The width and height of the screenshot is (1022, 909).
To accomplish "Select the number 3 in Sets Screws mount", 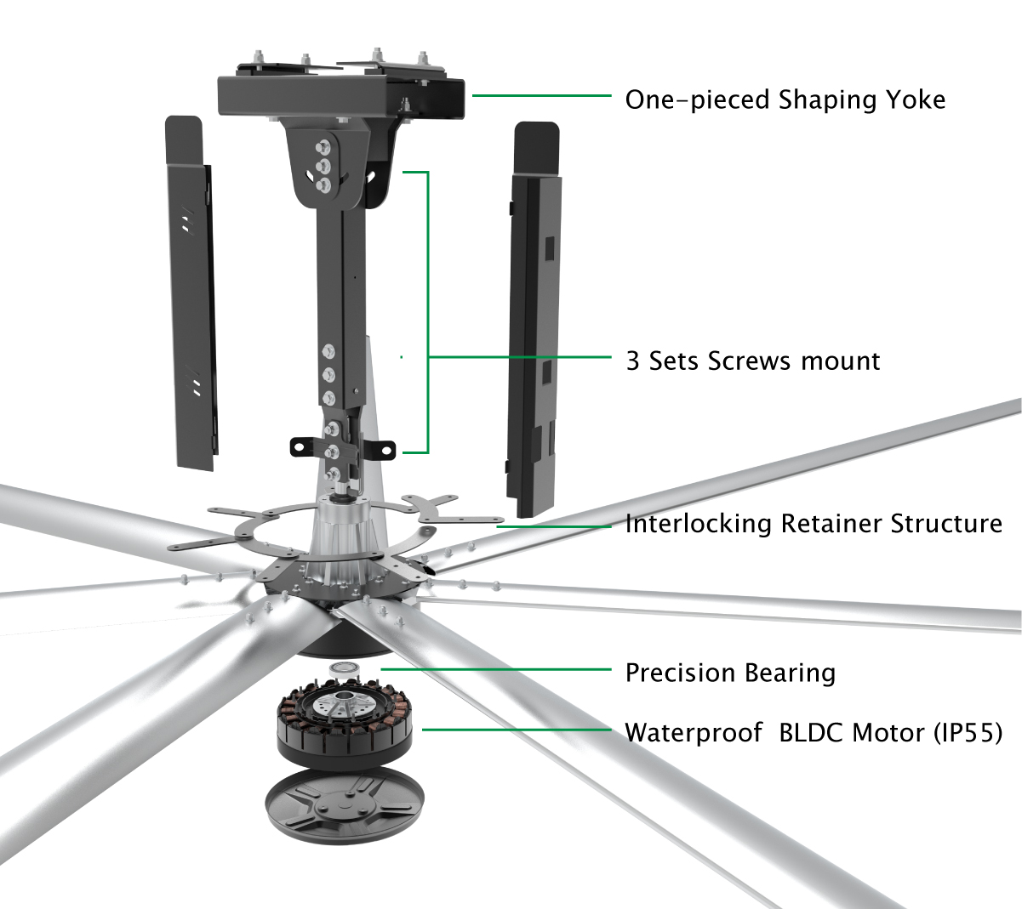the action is pyautogui.click(x=632, y=361).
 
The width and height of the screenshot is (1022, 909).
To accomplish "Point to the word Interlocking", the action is pyautogui.click(x=698, y=525).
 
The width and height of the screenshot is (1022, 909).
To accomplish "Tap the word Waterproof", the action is pyautogui.click(x=694, y=733).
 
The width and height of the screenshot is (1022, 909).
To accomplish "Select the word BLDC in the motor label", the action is pyautogui.click(x=812, y=732).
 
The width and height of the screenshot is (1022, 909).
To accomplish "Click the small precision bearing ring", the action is pyautogui.click(x=344, y=671).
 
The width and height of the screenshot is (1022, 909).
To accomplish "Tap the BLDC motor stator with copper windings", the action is pyautogui.click(x=345, y=722).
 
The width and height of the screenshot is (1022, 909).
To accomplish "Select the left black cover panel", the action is pyautogui.click(x=191, y=293).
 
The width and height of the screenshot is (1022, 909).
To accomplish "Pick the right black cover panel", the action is pyautogui.click(x=534, y=320).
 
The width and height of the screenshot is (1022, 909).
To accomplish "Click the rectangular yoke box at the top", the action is pyautogui.click(x=341, y=96).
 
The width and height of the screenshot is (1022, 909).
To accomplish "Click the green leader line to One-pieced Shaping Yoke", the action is pyautogui.click(x=542, y=95).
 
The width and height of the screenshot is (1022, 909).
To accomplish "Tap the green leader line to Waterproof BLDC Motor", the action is pyautogui.click(x=517, y=730).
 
